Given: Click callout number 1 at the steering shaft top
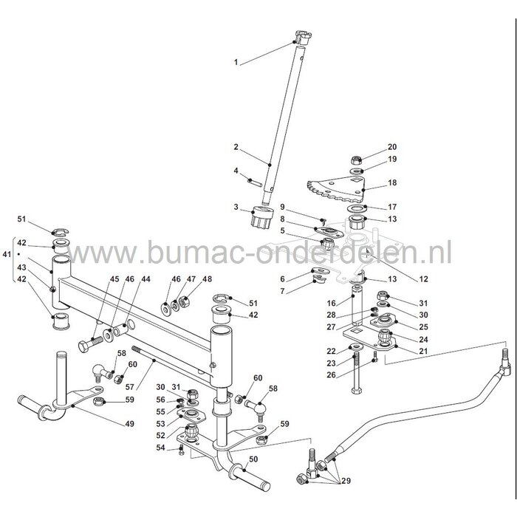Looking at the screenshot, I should pyautogui.click(x=236, y=62).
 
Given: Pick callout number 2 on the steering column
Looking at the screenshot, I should pyautogui.click(x=236, y=147).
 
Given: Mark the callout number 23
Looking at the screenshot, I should pyautogui.click(x=331, y=363).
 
